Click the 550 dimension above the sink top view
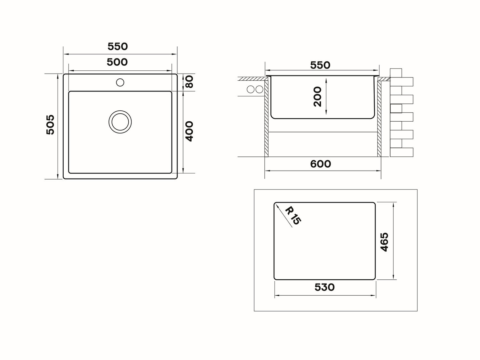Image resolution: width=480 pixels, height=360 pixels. point(118,46)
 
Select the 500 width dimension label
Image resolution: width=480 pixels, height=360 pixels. point(117,62)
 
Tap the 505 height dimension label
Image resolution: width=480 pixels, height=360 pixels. point(51,124)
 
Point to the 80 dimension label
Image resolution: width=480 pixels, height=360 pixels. point(189,82)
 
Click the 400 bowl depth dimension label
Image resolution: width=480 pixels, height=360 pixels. point(189,132)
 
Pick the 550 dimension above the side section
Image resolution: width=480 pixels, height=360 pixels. point(320,65)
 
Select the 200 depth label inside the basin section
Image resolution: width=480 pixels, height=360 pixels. point(317,97)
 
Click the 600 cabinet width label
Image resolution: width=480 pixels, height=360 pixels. point(321,164)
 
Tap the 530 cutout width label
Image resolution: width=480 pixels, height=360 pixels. point(324,287)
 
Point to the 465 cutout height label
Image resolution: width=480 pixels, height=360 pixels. point(384,242)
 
